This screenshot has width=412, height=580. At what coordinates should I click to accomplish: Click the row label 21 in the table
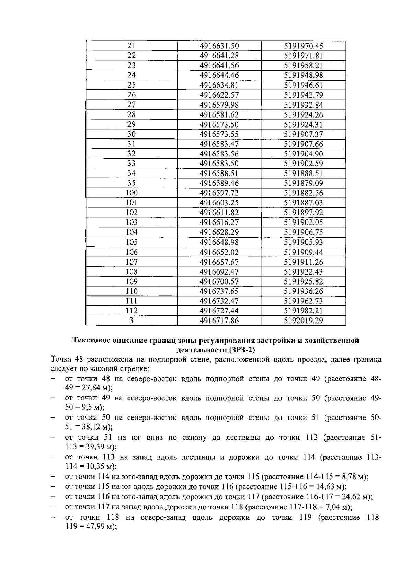point(131,46)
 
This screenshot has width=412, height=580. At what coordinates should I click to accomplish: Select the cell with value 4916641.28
point(219,56)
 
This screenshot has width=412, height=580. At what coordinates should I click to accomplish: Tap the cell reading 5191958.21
point(304,65)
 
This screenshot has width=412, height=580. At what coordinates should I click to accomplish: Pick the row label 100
point(131,193)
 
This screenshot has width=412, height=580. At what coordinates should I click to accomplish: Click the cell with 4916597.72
point(219,193)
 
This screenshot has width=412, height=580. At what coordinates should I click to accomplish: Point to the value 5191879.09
point(304,183)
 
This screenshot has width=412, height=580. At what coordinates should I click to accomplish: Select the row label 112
point(131,311)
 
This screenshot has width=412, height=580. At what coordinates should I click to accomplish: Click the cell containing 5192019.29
point(304,321)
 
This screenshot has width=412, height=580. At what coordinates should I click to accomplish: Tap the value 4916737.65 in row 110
point(219,291)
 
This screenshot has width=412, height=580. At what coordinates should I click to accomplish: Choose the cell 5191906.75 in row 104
point(304,232)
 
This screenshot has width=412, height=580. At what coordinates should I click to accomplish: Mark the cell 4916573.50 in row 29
point(219,124)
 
